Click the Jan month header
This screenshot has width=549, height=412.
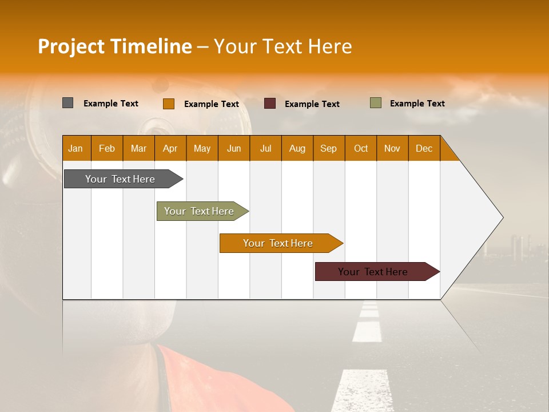(x=75, y=148)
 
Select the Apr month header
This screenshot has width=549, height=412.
(x=170, y=148)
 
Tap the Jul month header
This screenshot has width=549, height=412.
(x=265, y=148)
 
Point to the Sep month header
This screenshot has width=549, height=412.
(x=328, y=148)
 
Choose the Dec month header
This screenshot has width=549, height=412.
(x=424, y=148)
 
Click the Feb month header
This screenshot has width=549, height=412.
(x=107, y=148)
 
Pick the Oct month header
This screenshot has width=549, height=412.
(x=360, y=148)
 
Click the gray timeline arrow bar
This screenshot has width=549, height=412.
(x=120, y=179)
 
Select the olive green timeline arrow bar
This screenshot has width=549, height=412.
(x=199, y=211)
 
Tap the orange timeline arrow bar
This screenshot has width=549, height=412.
(x=278, y=243)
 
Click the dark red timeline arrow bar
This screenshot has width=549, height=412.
(x=373, y=272)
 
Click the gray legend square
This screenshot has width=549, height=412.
(x=67, y=103)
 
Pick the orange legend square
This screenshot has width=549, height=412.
(x=168, y=104)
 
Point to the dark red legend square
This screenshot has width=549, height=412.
(x=270, y=104)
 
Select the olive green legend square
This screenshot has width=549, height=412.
(x=375, y=103)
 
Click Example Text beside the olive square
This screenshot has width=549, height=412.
(x=417, y=104)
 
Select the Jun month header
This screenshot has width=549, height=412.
(x=233, y=148)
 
